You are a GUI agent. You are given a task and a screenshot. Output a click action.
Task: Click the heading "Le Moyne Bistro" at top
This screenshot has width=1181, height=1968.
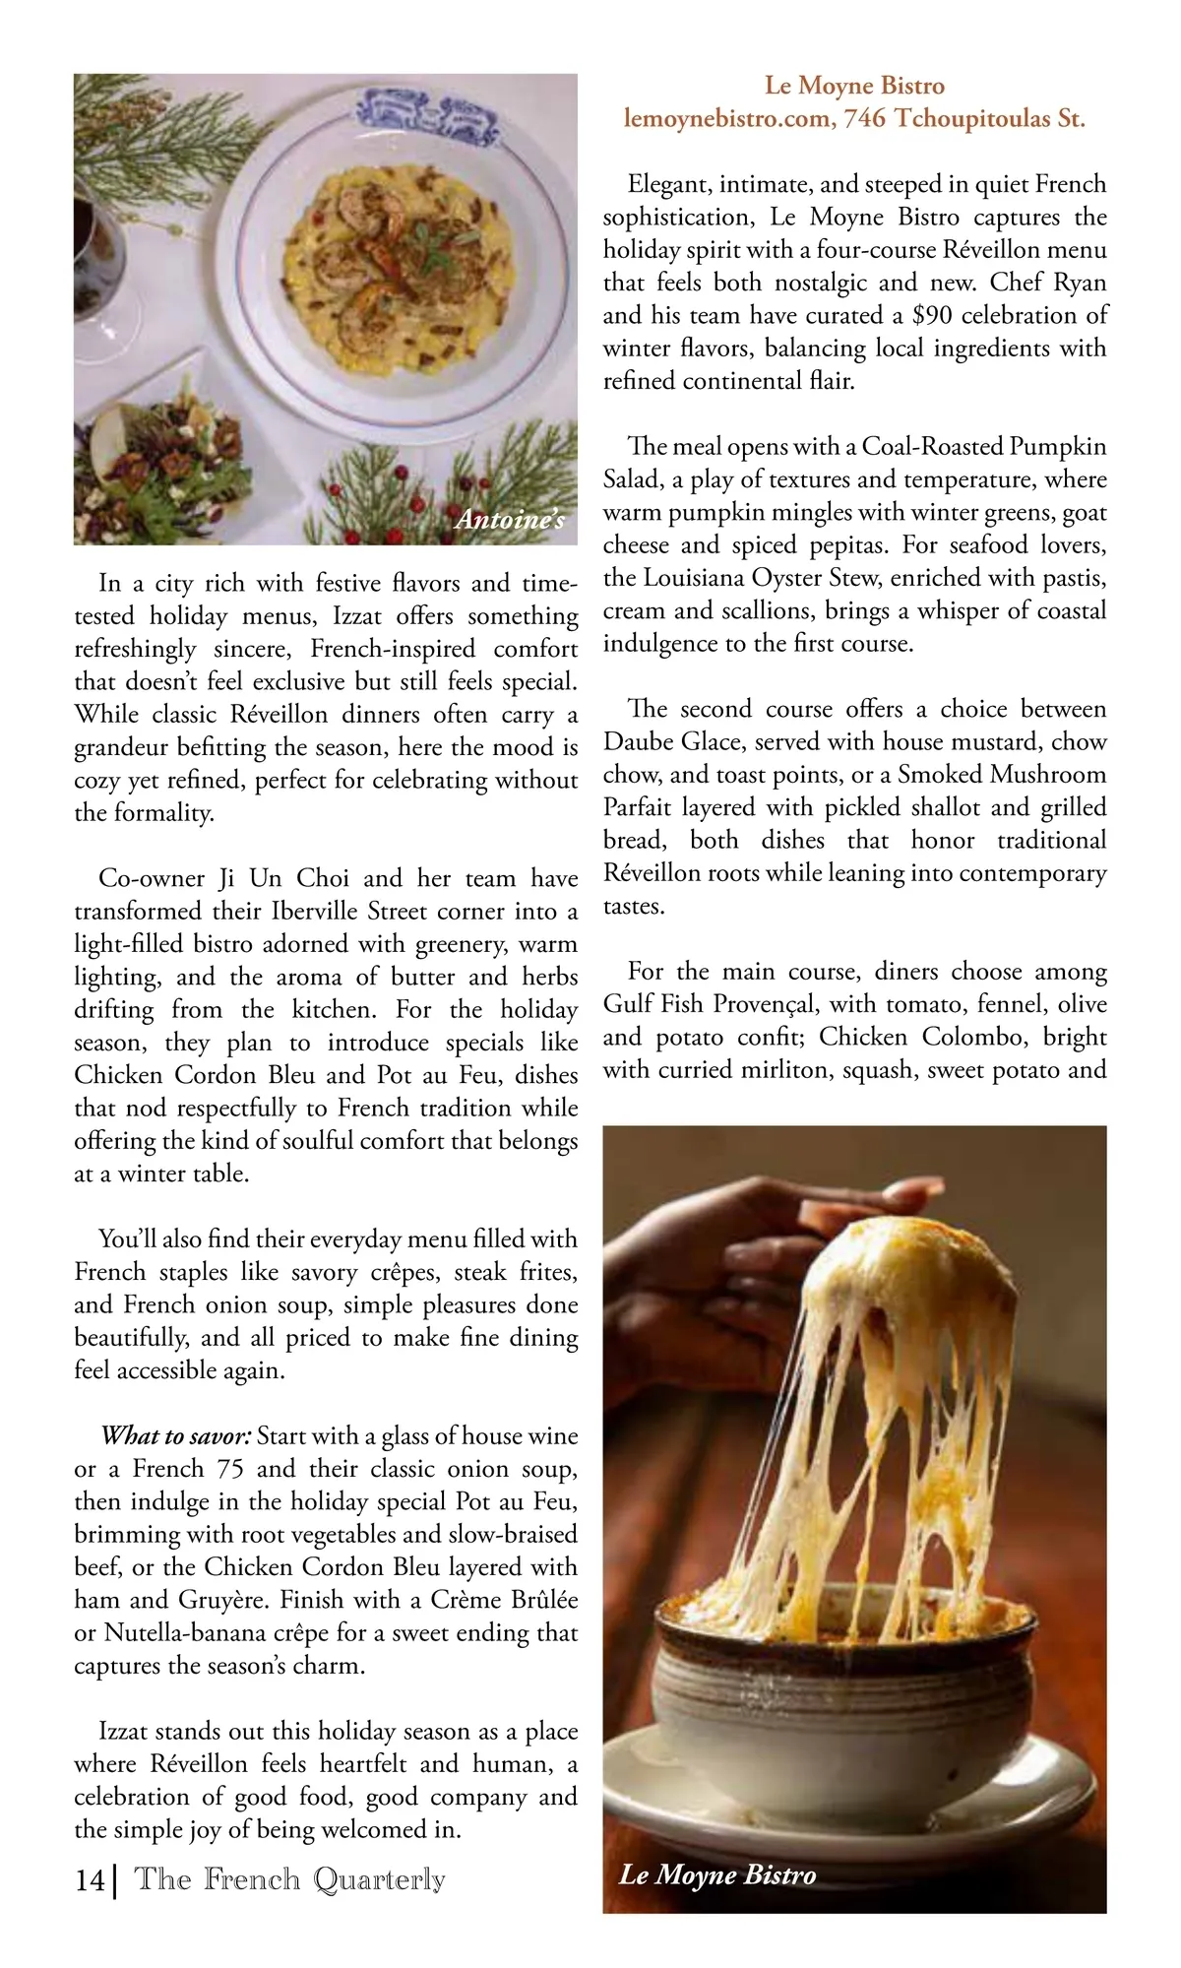[x=854, y=86]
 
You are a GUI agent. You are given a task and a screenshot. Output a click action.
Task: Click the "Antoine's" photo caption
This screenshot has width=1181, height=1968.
[x=509, y=520]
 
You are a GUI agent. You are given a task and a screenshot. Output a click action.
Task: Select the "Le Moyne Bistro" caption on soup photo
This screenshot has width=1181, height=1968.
[x=716, y=1873]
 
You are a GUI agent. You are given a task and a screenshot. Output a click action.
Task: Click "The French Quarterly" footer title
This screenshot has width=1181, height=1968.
[x=289, y=1879]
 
